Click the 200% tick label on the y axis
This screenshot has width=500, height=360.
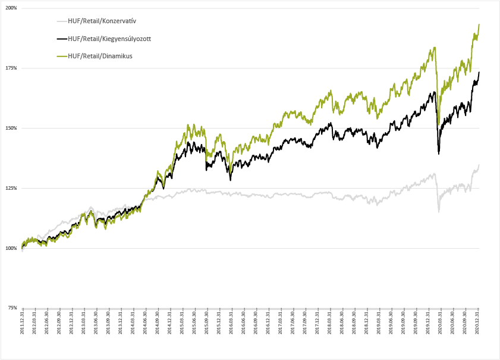pos(11,8)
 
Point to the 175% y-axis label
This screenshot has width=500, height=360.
pos(11,68)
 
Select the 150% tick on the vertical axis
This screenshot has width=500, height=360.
pos(11,128)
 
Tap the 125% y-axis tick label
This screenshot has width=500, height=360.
pos(11,188)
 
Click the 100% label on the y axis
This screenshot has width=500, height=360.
pos(11,248)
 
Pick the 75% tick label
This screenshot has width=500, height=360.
pos(12,308)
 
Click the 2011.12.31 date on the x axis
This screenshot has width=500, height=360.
pos(22,324)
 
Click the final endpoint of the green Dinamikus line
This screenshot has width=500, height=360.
pos(479,24)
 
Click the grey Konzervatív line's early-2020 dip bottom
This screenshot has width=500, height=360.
pos(439,211)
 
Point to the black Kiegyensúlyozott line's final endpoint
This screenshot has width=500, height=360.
pos(479,72)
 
